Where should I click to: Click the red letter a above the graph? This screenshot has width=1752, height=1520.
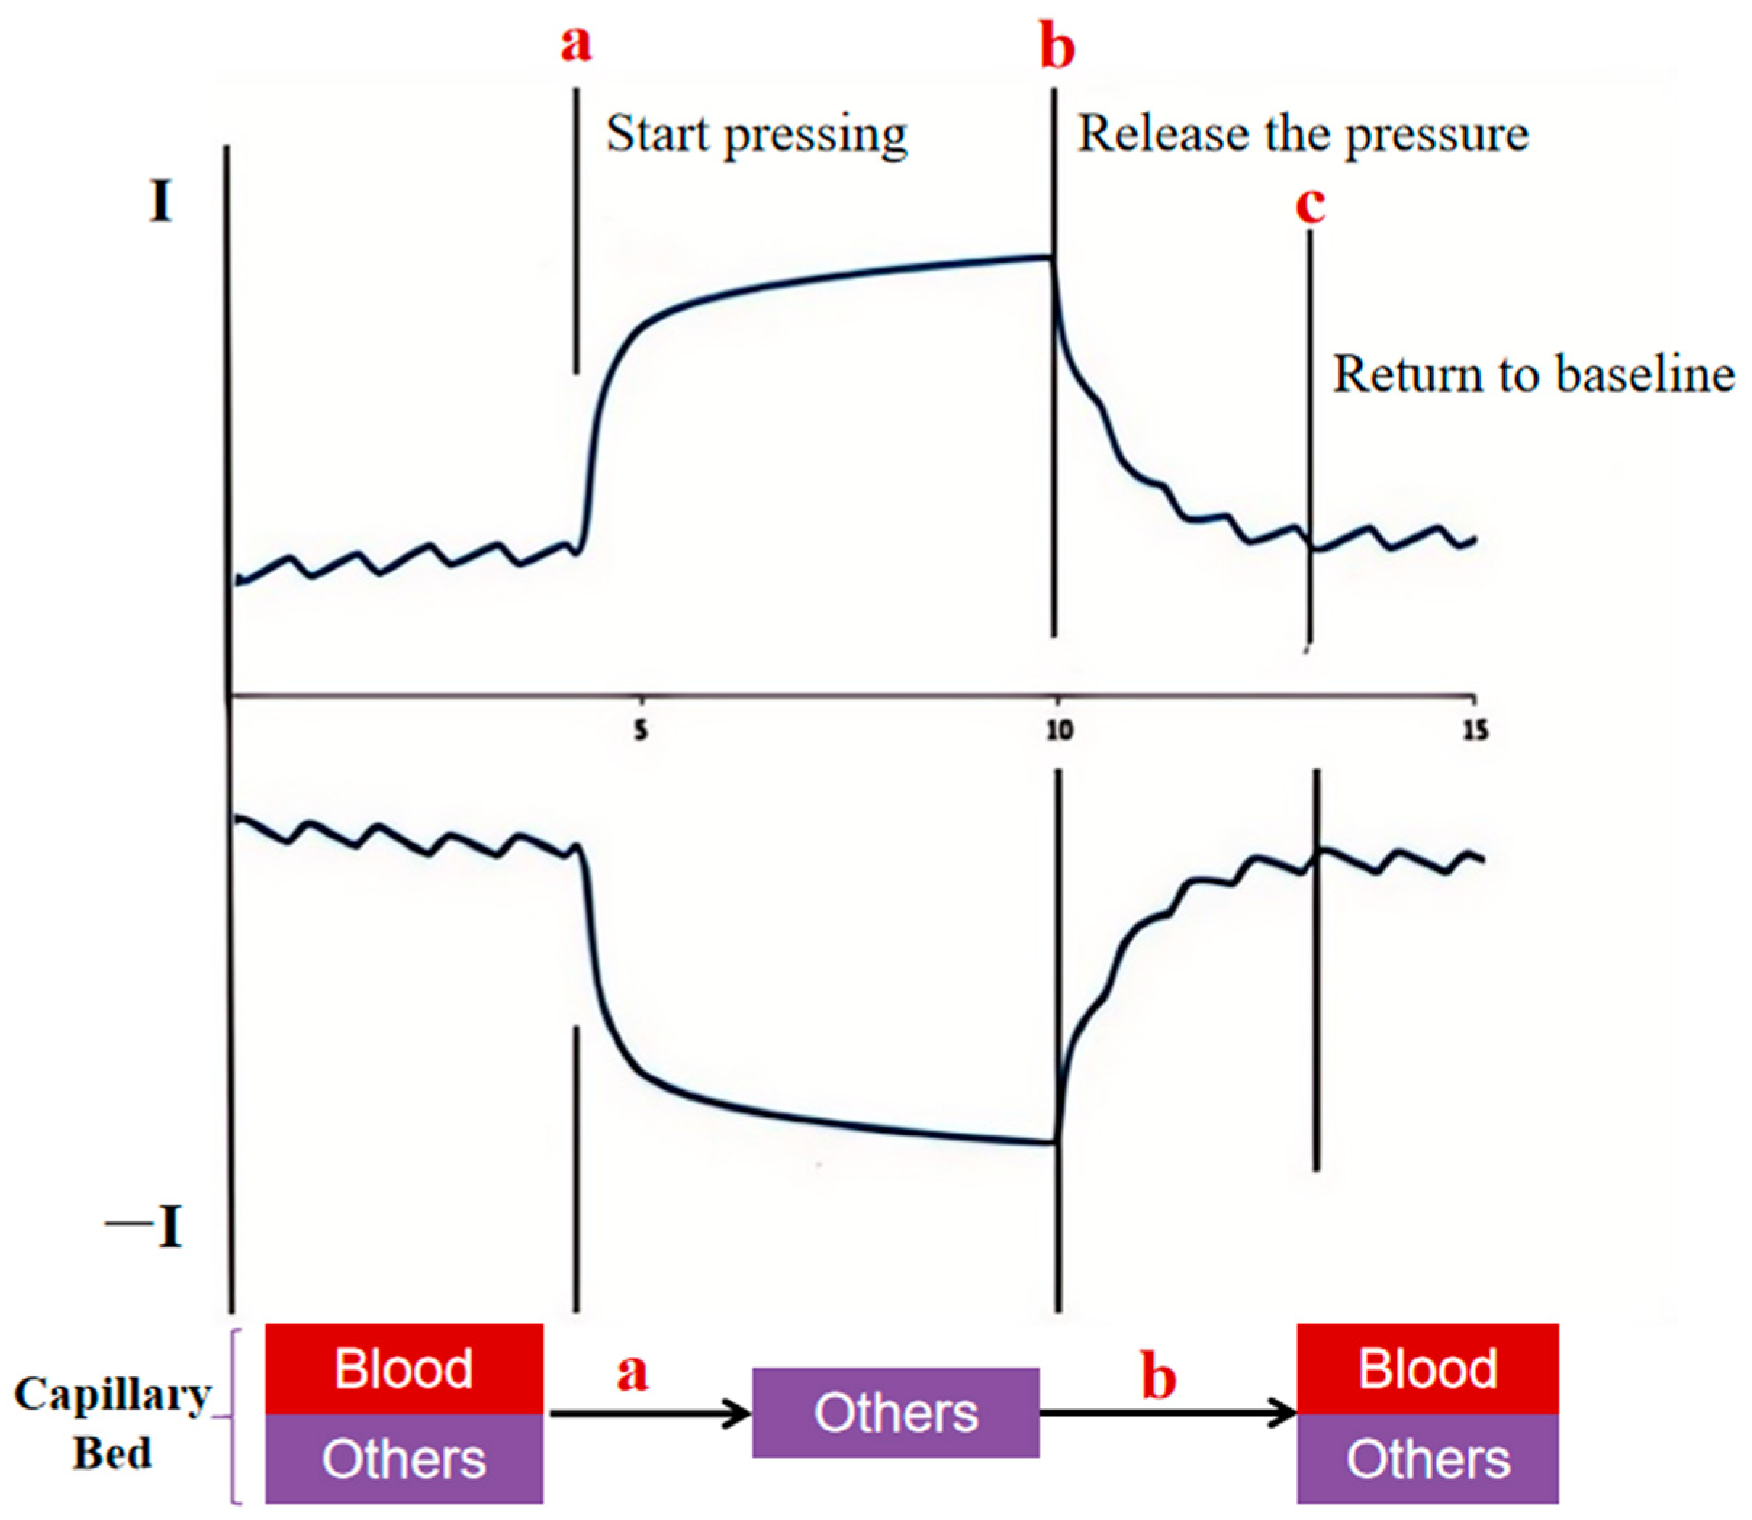[576, 44]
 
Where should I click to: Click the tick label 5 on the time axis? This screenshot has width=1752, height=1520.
[641, 731]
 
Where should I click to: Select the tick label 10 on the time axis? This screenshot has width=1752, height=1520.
[1058, 731]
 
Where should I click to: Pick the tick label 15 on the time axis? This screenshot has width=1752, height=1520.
[1476, 731]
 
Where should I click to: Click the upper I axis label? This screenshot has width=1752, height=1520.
[160, 204]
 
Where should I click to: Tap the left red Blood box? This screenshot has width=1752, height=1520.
[403, 1368]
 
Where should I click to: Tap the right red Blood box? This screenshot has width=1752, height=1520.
[1427, 1368]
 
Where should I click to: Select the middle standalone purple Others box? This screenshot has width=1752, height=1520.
[895, 1413]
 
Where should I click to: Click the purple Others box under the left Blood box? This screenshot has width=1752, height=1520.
[403, 1459]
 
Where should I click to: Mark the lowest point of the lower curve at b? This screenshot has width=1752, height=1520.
[1054, 1143]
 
